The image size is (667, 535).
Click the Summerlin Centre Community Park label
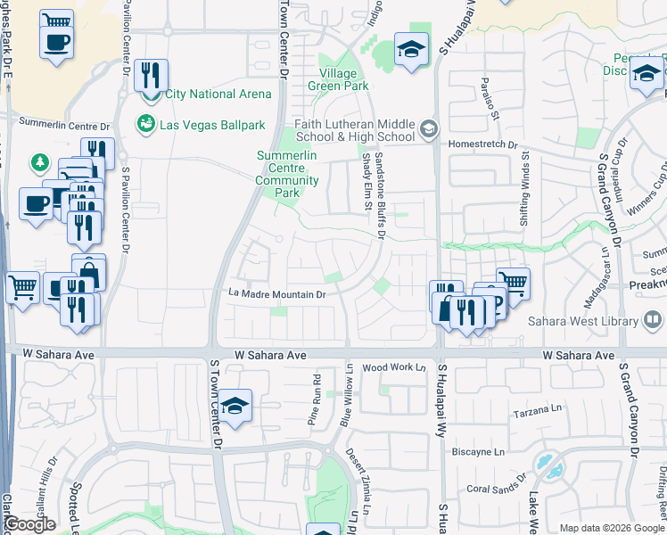coord(287,174)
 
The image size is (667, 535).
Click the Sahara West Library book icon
coord(653,320)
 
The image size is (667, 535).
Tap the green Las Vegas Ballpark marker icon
coord(144,124)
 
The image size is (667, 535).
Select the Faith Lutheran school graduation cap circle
coord(428,130)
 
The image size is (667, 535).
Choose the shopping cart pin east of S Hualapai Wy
coord(513,283)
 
